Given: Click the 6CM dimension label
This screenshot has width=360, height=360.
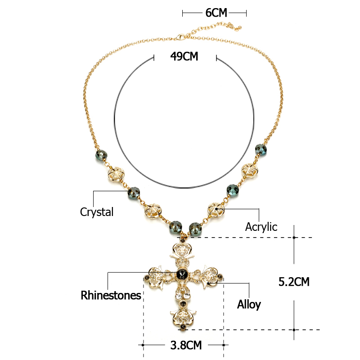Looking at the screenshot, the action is click(216, 13).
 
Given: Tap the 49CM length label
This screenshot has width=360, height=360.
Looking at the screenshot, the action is click(184, 56).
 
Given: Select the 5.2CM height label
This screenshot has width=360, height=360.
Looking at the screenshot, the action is click(294, 282).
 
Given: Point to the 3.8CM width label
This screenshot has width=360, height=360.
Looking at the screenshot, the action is click(186, 345).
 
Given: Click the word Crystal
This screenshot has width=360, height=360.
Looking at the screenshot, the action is click(97, 212).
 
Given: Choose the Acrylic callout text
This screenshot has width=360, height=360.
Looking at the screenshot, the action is click(261, 227).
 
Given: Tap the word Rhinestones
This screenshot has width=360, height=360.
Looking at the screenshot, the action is click(111, 295).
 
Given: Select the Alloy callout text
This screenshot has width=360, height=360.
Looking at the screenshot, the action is click(249, 305).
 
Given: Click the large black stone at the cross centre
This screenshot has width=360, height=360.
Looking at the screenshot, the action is click(182, 274).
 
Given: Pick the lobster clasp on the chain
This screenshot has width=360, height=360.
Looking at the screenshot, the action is click(181, 37).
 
